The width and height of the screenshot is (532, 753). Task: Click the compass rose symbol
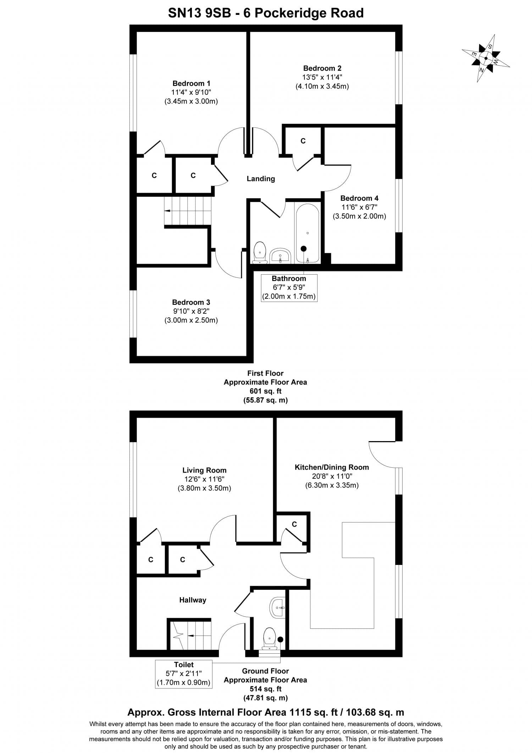486,59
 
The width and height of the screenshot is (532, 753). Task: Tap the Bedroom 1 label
191,83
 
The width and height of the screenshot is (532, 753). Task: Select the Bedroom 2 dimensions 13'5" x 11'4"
322,77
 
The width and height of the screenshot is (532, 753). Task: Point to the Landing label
261,179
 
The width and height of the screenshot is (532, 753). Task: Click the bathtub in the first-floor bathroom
307,233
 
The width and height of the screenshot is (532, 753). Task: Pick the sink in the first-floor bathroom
280,255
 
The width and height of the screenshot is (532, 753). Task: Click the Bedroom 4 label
359,198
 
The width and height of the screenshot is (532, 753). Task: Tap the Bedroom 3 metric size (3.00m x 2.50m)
191,320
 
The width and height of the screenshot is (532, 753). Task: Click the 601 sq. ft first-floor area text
265,391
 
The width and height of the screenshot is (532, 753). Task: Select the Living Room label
204,471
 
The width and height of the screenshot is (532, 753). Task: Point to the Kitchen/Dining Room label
332,467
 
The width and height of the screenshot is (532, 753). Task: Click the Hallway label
193,600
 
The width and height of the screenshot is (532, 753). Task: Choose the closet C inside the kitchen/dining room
294,524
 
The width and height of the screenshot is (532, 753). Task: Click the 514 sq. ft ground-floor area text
265,689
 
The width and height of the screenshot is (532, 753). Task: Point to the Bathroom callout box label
289,279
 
